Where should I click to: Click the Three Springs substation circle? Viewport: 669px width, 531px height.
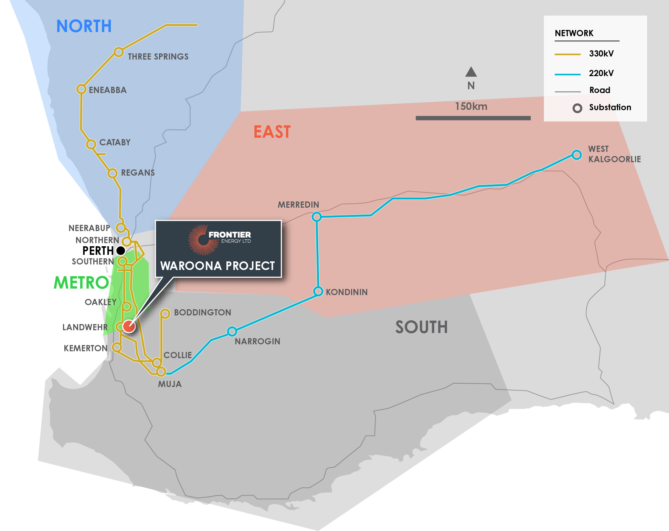(x=119, y=52)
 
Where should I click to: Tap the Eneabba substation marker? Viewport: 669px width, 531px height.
(x=81, y=89)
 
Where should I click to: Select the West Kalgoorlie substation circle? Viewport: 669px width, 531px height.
(x=577, y=155)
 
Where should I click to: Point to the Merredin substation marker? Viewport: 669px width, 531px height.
(x=317, y=217)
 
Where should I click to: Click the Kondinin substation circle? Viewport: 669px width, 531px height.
(x=318, y=291)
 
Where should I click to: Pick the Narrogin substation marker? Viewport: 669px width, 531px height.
(x=232, y=332)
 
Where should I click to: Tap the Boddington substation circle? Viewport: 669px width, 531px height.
(x=165, y=313)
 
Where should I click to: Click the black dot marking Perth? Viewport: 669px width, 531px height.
(x=121, y=250)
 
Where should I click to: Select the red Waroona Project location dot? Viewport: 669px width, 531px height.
(x=129, y=326)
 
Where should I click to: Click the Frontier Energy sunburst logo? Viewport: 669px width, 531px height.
(x=203, y=240)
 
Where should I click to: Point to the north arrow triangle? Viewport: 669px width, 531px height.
(x=471, y=72)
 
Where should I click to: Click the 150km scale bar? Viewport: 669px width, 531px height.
(x=473, y=118)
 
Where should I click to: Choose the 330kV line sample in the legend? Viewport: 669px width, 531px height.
(x=567, y=54)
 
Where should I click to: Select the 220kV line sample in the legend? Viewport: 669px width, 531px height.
(x=567, y=74)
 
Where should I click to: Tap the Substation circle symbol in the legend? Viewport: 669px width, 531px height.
(x=577, y=108)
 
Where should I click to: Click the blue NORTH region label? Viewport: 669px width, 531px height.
(x=84, y=26)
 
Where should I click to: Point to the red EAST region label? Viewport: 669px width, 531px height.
(x=272, y=132)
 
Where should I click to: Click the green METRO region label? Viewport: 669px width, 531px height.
(x=81, y=283)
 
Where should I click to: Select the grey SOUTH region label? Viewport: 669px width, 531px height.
(x=421, y=327)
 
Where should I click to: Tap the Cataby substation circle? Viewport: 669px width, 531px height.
(x=91, y=144)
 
